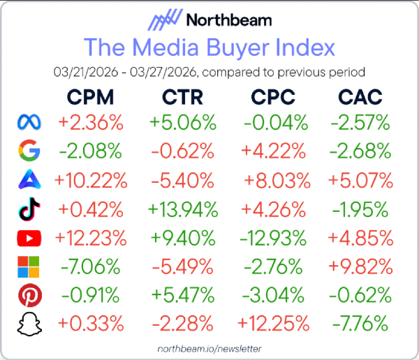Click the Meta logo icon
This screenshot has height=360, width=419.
point(29,123)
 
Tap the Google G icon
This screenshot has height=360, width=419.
point(29,151)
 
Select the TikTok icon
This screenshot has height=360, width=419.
point(29,209)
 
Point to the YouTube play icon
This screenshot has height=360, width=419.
point(29,238)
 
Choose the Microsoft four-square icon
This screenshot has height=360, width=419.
point(29,267)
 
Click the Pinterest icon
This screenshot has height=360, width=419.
point(29,295)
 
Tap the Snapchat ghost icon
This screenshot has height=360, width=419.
point(29,324)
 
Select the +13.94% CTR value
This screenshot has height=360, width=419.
point(182,209)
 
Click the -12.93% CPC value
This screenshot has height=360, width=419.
point(275,238)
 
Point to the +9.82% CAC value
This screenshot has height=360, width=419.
point(360,267)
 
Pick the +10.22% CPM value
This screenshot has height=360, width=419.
point(91,180)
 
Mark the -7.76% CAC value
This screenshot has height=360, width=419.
point(360,324)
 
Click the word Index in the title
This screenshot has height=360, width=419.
point(302,48)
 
